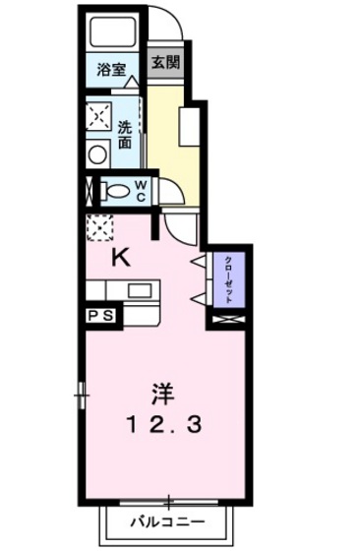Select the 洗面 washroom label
pyautogui.click(x=125, y=134)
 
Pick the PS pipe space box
pyautogui.click(x=99, y=316)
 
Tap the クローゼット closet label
pyautogui.click(x=228, y=276)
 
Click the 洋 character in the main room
pyautogui.click(x=162, y=393)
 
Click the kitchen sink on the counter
pyautogui.click(x=140, y=289)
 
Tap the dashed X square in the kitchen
pyautogui.click(x=98, y=228)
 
